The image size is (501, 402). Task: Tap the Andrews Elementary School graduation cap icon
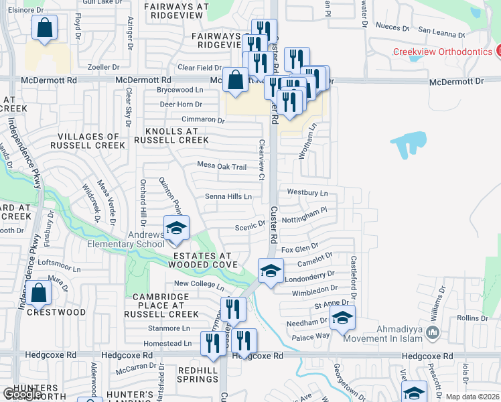[x=176, y=228]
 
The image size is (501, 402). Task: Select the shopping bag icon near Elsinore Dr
[x=44, y=28]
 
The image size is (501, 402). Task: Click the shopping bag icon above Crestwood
[x=40, y=293]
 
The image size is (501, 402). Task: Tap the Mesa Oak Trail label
[x=222, y=166]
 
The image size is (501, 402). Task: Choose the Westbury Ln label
[x=307, y=192]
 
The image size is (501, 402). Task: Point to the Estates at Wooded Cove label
[x=202, y=261]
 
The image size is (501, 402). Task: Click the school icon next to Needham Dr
[x=342, y=319]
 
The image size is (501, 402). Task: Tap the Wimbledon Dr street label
[x=315, y=289]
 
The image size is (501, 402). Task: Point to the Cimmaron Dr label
[x=203, y=120]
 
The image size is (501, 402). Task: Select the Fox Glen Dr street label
[x=300, y=249]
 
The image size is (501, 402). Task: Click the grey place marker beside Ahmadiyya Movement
[x=433, y=332]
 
